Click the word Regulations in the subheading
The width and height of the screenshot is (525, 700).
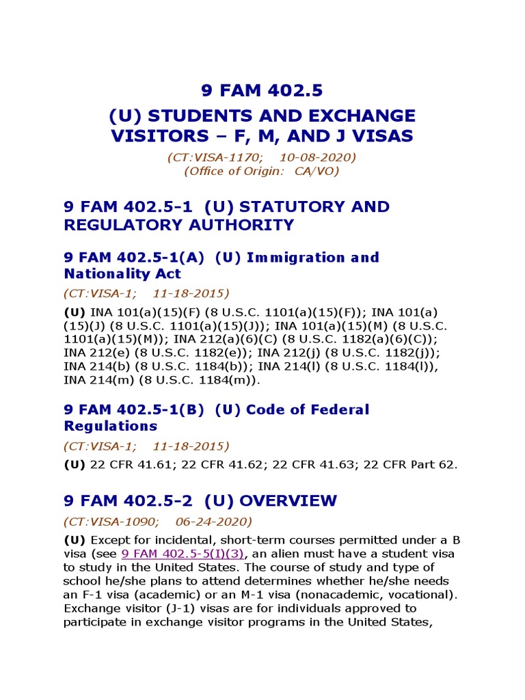point(110,426)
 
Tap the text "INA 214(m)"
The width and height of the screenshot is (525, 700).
point(96,380)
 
